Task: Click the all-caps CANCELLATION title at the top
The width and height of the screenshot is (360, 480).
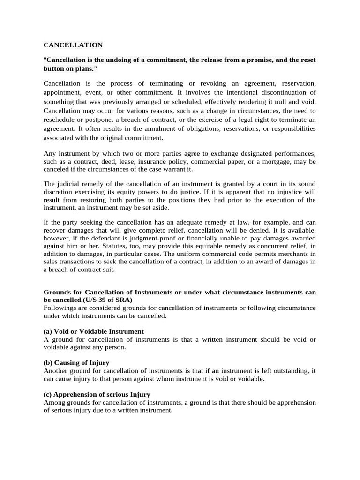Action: pos(73,45)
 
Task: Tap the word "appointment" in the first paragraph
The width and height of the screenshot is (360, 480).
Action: pos(63,92)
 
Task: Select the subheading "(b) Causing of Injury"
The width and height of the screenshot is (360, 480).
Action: pos(76,363)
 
